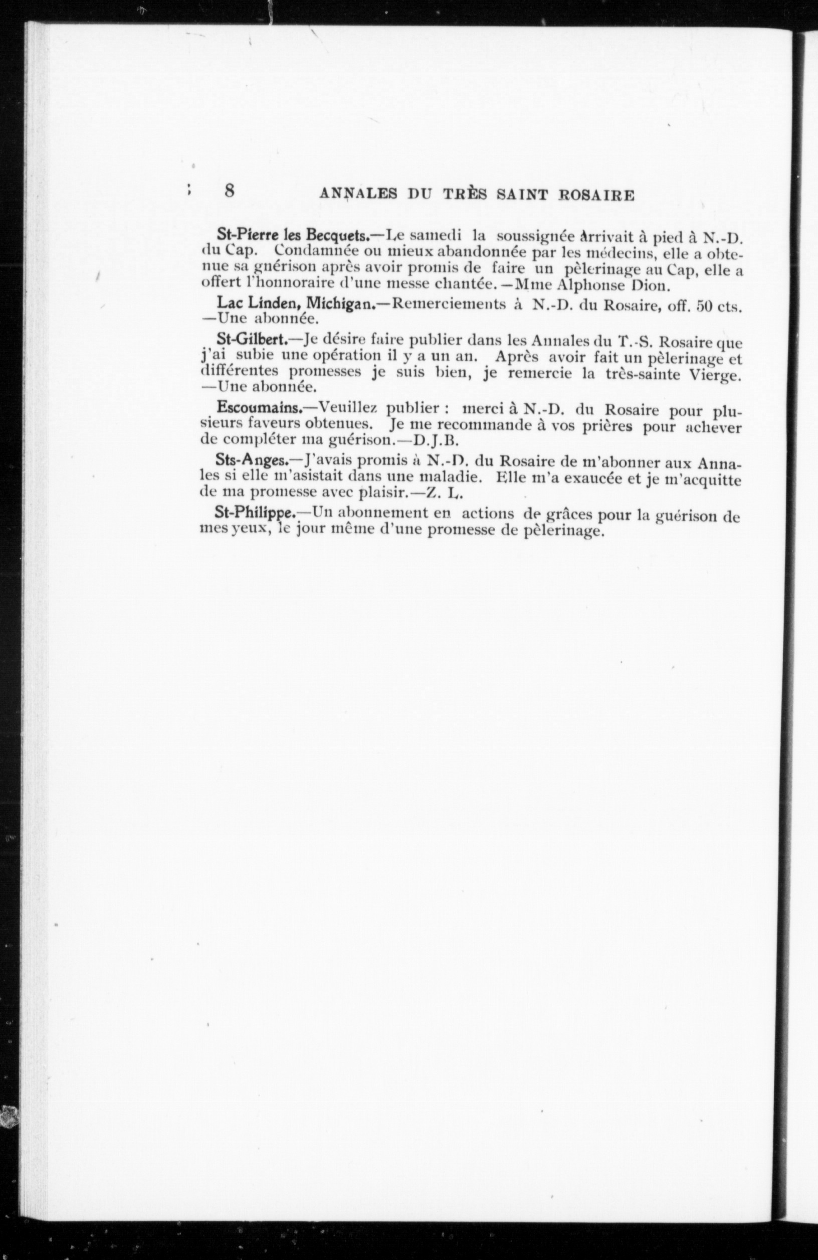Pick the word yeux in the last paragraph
250,530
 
